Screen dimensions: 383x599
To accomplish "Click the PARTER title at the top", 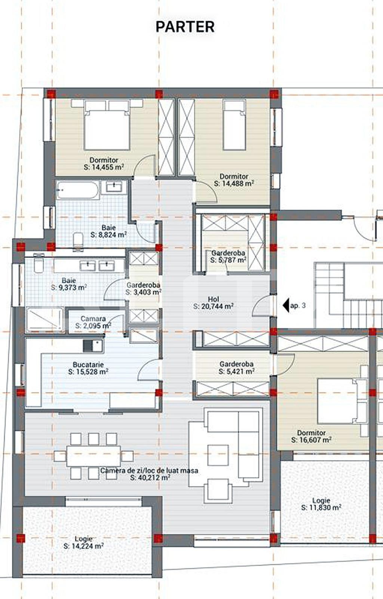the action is [185, 27].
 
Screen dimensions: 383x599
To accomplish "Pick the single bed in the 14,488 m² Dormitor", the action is [235, 125].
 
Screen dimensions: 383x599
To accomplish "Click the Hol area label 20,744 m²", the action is [214, 307].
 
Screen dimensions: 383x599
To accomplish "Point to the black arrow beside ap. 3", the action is [286, 305].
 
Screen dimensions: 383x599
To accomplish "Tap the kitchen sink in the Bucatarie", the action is [93, 346].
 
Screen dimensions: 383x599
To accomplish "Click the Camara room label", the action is [93, 319].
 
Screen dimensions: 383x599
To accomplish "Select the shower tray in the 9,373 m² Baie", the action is [45, 320].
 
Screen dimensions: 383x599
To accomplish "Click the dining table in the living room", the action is [94, 456].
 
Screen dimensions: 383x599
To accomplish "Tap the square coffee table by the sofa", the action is [218, 455].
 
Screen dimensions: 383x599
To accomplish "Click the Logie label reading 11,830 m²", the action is [321, 504].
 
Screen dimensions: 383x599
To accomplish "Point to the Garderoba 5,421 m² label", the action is [236, 368].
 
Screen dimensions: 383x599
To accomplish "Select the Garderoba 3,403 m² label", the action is [143, 289].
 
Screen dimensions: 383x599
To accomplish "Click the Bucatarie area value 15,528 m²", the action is [88, 372].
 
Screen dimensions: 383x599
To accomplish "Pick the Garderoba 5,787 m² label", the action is [228, 256].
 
